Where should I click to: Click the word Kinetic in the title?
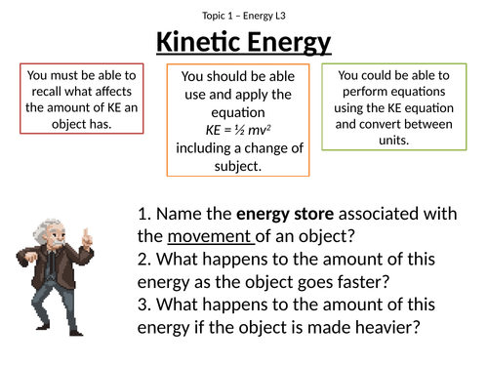point(195,43)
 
